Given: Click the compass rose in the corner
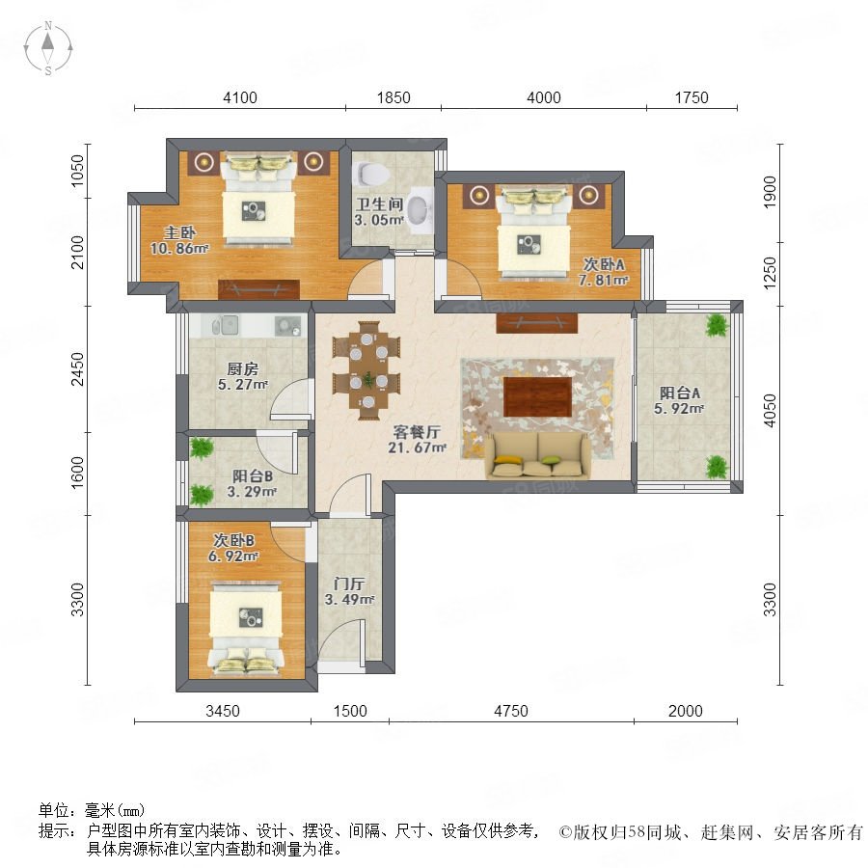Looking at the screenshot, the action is tap(48, 48).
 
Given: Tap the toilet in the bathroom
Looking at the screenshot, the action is tap(372, 174).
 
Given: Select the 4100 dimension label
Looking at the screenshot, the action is tap(240, 97).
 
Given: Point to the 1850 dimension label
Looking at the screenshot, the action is tap(393, 97).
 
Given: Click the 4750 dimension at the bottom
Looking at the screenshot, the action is tap(511, 711).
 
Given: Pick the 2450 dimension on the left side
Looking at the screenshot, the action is tap(77, 368).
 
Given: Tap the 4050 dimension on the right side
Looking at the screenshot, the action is tap(770, 411).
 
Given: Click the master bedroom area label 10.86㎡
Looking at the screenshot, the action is tap(179, 249).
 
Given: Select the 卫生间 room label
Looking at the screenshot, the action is tap(379, 203).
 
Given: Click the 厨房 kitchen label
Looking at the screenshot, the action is tap(242, 368).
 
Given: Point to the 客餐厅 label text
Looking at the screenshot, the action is tap(417, 431).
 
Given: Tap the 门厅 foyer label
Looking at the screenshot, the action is tap(349, 583).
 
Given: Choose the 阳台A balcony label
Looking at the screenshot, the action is tap(680, 393).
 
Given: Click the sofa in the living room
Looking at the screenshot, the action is tap(536, 454).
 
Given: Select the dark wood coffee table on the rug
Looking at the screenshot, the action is tap(537, 396).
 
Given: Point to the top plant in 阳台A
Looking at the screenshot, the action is tap(717, 326).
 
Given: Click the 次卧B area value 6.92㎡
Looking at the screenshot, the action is tap(233, 556).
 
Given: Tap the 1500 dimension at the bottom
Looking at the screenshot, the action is tap(350, 711).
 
